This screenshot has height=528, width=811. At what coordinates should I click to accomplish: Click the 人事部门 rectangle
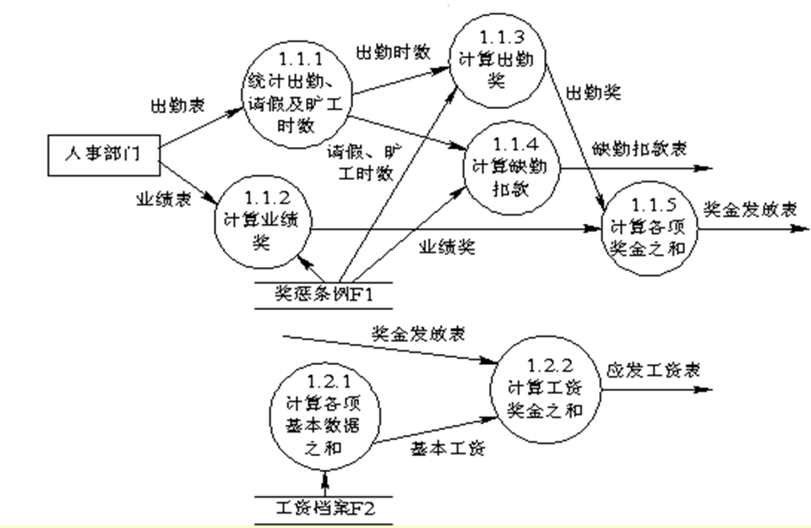click(x=101, y=155)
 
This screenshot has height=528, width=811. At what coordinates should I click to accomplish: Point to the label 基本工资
click(x=447, y=449)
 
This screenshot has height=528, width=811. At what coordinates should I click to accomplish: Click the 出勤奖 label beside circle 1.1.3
click(x=593, y=91)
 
